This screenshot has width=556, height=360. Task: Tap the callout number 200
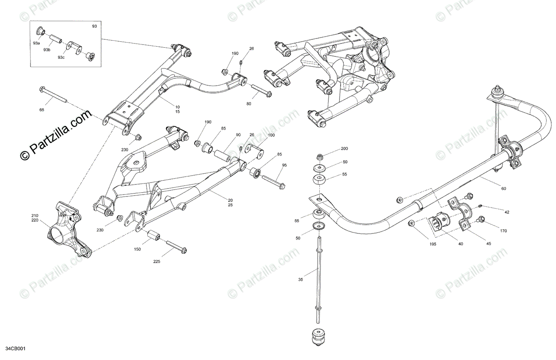[x=344, y=149]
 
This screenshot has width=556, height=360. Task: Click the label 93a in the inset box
[x=36, y=43]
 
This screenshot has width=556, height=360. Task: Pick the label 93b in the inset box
[x=47, y=50]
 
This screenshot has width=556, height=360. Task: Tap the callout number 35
[x=301, y=279]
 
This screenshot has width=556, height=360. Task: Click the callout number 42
[x=507, y=212]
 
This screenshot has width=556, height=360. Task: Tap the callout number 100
[x=271, y=135]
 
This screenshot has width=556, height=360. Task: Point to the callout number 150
[x=137, y=249]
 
